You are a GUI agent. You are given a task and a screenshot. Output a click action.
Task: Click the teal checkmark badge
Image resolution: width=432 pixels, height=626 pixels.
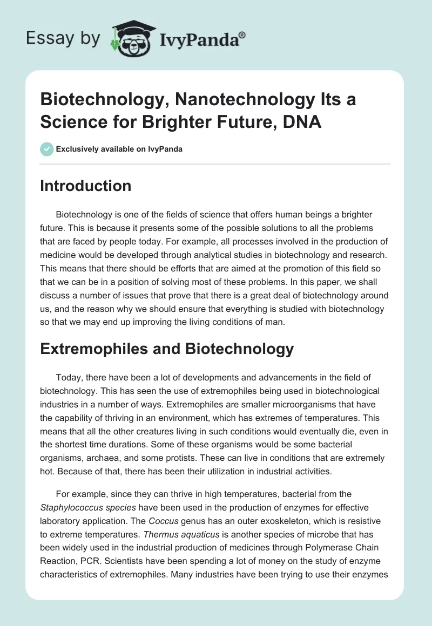point(47,149)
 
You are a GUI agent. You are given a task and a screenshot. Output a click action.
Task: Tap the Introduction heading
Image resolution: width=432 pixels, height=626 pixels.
point(86,186)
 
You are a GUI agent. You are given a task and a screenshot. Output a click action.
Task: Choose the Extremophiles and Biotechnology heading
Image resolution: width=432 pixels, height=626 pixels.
point(167,349)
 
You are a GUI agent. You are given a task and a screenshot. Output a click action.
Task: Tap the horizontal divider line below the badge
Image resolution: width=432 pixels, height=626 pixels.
point(215,164)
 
